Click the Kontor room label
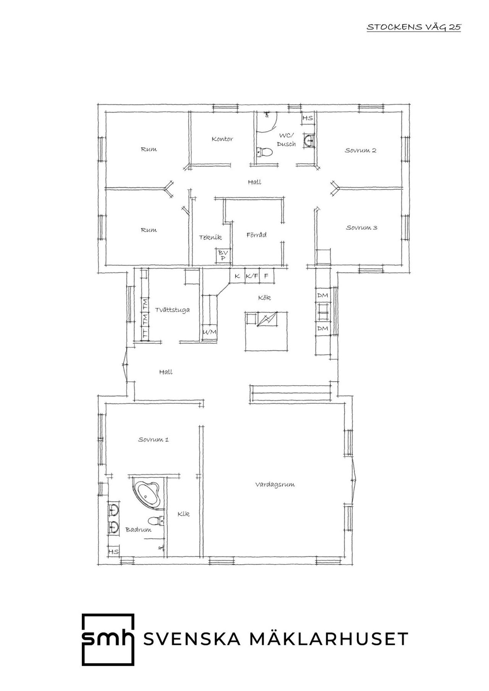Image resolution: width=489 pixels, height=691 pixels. [x=222, y=139]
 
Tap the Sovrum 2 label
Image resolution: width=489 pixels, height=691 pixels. [x=360, y=150]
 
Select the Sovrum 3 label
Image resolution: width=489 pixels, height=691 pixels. [x=362, y=228]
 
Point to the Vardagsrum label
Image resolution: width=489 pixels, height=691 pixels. [x=275, y=485]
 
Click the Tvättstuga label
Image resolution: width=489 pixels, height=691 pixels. [x=172, y=310]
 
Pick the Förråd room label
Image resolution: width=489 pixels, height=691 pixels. [x=256, y=235]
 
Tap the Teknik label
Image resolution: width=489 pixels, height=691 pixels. [x=210, y=237]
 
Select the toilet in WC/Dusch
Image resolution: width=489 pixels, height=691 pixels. [x=264, y=153]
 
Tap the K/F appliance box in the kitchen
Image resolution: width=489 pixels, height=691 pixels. [x=251, y=276]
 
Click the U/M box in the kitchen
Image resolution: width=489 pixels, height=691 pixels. [x=210, y=332]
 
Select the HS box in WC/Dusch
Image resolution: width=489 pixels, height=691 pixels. [x=308, y=118]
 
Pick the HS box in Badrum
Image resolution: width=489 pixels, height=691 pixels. [x=113, y=551]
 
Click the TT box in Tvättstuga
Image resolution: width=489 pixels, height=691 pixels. [x=145, y=333]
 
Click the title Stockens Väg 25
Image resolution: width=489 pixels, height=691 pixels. [x=414, y=27]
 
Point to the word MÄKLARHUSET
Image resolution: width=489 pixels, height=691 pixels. [x=329, y=639]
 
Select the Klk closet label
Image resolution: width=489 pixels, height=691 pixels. [x=183, y=514]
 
